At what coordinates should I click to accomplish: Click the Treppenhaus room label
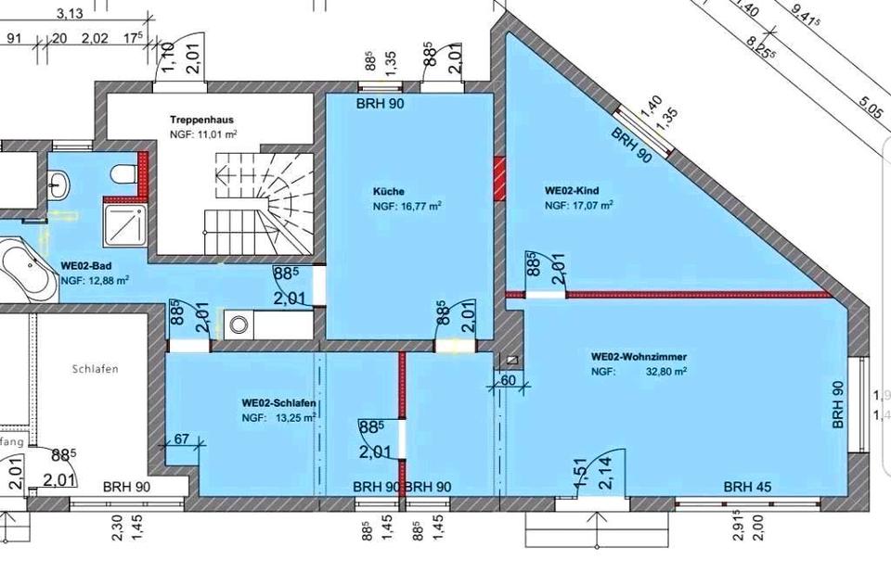coord(200,121)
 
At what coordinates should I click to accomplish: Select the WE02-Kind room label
coord(572,191)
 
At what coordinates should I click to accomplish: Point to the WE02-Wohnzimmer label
coord(639,356)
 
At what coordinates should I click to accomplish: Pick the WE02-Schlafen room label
coord(278,403)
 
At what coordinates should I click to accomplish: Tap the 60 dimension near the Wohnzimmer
coord(508,381)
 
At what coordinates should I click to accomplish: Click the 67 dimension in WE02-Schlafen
coord(181,439)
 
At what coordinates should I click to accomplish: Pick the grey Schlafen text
coord(95,368)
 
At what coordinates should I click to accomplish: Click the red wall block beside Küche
coord(499,176)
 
